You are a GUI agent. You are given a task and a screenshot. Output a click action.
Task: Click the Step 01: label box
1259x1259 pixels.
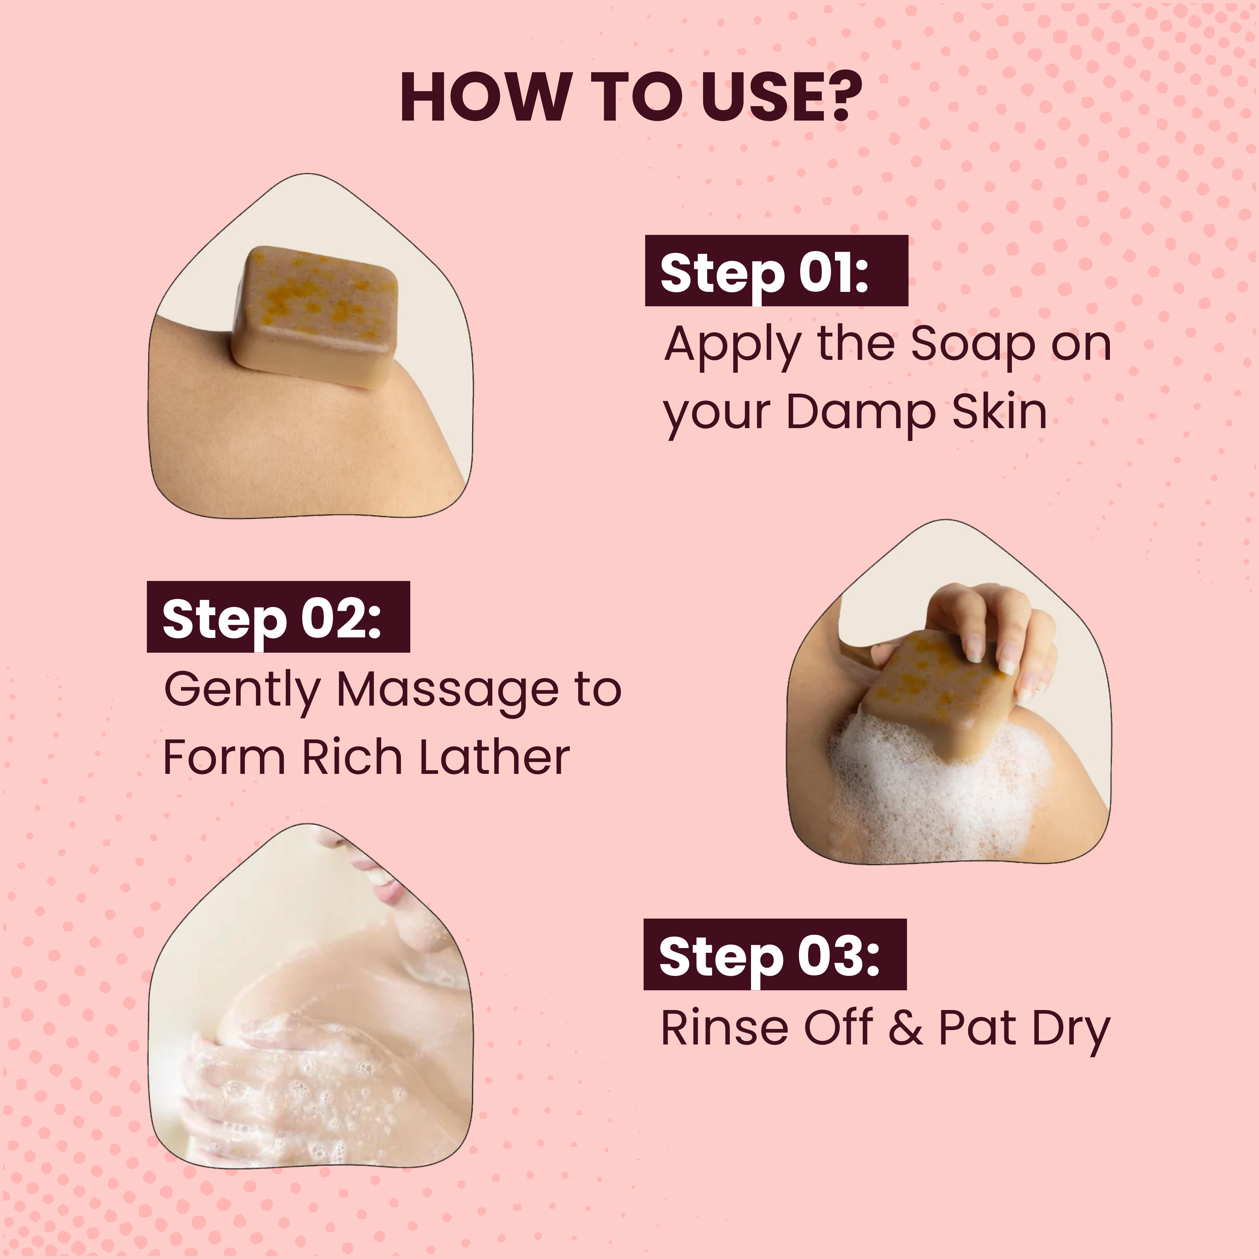[776, 271]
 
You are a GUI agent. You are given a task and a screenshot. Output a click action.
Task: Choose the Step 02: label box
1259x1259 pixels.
[278, 616]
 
